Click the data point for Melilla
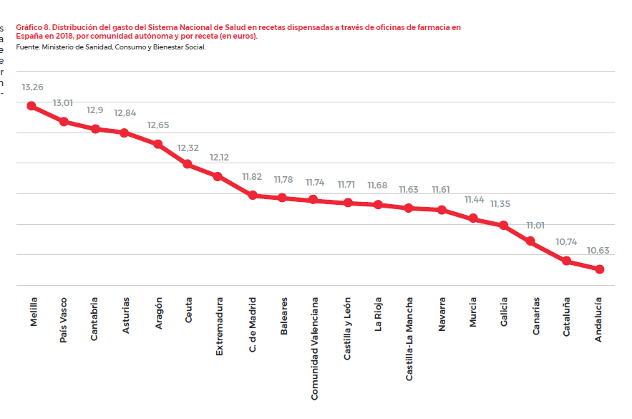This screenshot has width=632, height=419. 31,106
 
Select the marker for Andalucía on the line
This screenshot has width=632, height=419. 599,269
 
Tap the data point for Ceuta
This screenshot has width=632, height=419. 188,164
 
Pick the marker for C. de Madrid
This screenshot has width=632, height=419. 253,195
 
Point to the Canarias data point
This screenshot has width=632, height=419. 530,241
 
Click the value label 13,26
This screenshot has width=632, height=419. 32,87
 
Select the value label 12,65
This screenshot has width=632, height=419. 158,125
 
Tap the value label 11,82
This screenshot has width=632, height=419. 252,176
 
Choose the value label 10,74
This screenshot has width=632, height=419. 566,242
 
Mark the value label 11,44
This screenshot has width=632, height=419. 474,200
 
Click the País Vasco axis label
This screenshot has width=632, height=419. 64,320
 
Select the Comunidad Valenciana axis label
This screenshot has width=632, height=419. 315,349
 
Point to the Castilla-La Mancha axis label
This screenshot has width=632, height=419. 409,339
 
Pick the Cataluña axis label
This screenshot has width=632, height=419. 567,318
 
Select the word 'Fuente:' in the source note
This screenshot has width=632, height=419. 27,47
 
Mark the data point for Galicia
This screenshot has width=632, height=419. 504,226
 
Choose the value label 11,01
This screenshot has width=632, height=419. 535,225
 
